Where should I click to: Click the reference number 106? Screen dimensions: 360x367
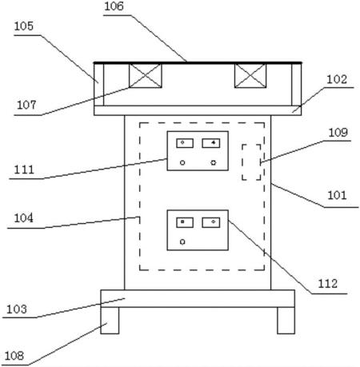point(114,6)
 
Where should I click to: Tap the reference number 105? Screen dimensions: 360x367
point(24,26)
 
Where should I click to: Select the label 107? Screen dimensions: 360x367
point(26,105)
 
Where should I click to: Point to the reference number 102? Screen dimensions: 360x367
point(337,79)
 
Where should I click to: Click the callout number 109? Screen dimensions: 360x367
point(338,132)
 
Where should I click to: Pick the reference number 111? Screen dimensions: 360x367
point(24,170)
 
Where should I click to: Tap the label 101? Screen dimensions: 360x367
point(337,195)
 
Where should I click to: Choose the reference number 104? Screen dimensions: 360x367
point(24,218)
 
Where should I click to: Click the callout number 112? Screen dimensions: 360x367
point(328,284)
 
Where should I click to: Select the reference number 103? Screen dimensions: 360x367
point(17,309)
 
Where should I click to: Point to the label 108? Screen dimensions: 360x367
point(14,356)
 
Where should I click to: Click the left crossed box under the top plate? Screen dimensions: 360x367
point(146,76)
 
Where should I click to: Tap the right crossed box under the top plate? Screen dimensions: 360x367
point(250,76)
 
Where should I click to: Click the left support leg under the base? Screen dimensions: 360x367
point(110,321)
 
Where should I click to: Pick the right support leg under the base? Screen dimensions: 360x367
point(286,321)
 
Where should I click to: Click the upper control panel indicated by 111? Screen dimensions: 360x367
point(198,151)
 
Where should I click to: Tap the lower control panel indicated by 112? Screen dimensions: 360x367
point(198,230)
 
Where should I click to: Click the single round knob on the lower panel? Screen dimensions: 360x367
point(182,241)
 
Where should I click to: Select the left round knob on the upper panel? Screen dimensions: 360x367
point(182,162)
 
